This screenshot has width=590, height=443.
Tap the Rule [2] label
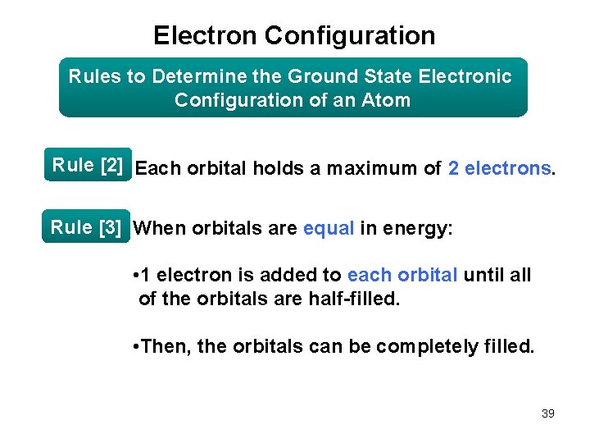[x=88, y=165]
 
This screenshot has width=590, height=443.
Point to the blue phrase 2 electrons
[x=499, y=169]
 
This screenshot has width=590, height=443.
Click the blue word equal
[x=329, y=228]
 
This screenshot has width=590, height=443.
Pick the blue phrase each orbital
[x=402, y=275]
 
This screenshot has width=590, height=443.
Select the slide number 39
[x=547, y=413]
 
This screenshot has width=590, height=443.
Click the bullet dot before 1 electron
[x=134, y=276]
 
